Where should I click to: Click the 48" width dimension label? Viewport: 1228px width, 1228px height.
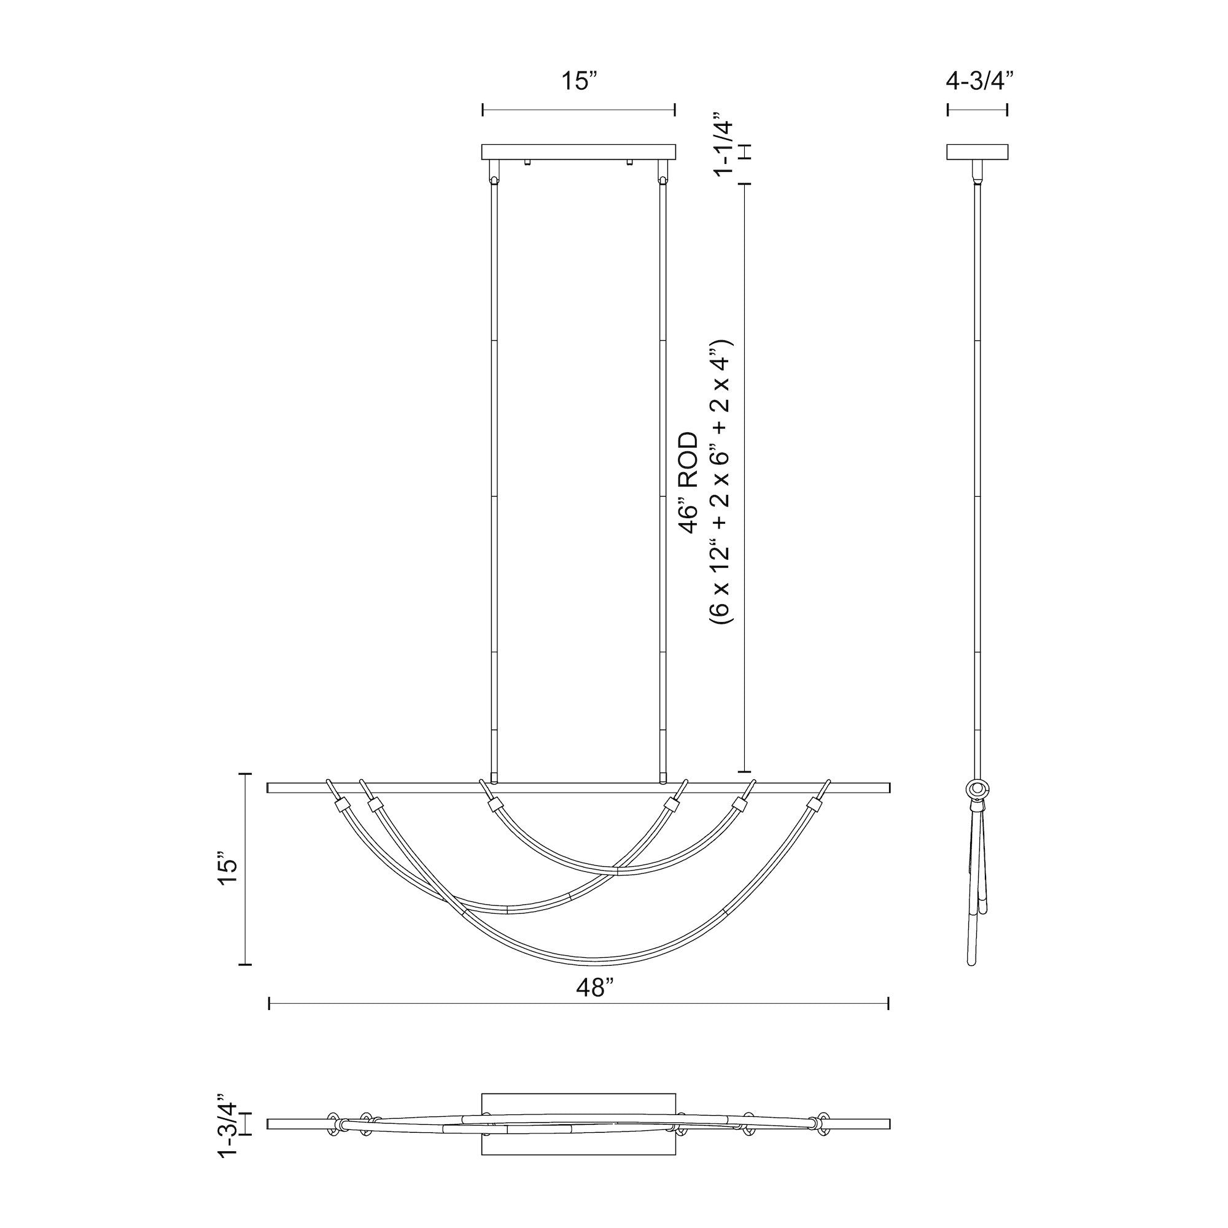[x=595, y=988]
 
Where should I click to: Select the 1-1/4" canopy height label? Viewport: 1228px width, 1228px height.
[x=724, y=147]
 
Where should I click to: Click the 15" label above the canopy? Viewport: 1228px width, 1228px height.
[x=578, y=82]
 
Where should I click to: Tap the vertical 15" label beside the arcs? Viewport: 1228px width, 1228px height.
[x=228, y=866]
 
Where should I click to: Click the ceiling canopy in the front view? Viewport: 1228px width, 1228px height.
[x=578, y=152]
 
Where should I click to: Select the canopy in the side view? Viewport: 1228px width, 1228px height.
[x=977, y=152]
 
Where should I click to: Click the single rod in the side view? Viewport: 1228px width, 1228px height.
[x=977, y=483]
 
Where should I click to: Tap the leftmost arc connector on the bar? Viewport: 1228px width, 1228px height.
[x=341, y=806]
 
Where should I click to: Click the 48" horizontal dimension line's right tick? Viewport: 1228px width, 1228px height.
[x=888, y=1005]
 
